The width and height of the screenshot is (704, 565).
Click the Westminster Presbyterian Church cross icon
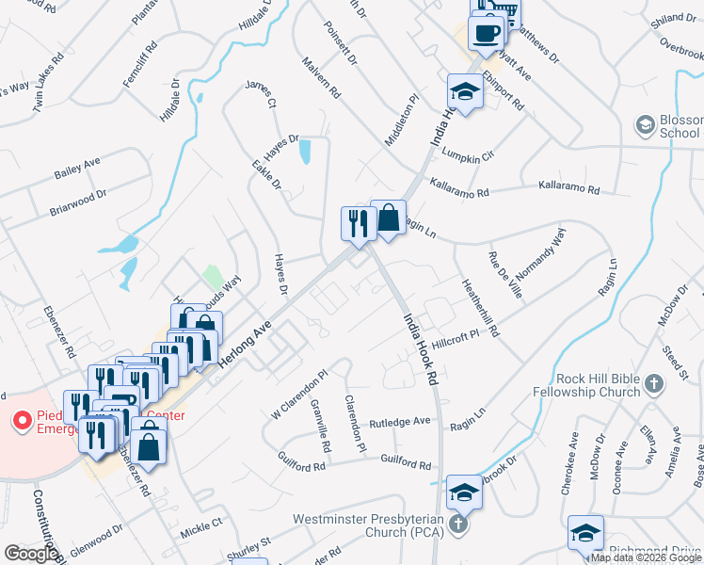click(x=457, y=525)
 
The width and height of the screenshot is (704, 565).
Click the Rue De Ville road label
click(x=504, y=275)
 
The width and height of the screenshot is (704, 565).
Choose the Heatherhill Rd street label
click(x=479, y=308)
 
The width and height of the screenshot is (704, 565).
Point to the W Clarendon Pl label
click(x=299, y=394)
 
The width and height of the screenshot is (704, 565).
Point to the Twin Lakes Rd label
click(x=47, y=82)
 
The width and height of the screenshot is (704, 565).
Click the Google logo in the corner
click(x=31, y=554)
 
